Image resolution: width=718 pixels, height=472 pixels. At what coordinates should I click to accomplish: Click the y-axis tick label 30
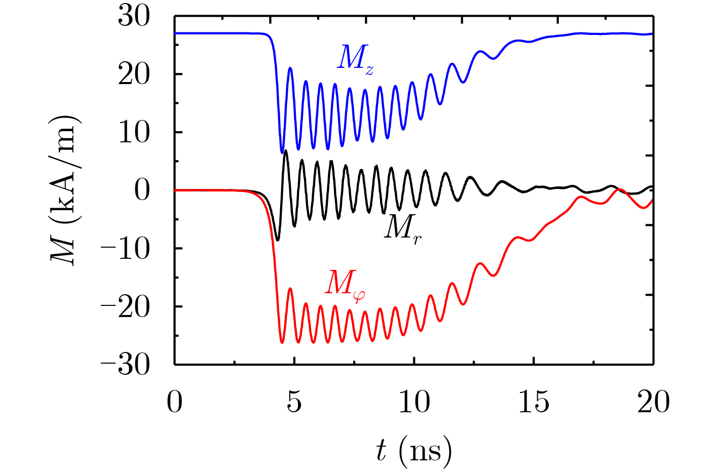[134, 17]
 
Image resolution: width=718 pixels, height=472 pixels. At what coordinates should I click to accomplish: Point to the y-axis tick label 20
[134, 75]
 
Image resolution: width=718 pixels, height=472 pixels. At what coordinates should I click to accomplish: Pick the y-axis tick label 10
[134, 133]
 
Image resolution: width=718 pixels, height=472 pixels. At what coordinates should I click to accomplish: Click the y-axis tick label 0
[142, 191]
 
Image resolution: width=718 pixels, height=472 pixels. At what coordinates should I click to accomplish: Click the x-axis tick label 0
[175, 403]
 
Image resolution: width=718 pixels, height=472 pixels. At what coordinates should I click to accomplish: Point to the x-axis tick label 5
[294, 403]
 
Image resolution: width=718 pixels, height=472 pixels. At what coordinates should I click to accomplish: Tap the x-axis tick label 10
[414, 403]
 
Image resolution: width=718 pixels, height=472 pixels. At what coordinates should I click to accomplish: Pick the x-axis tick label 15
[534, 403]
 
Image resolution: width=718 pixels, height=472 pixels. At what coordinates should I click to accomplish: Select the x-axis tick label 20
[653, 403]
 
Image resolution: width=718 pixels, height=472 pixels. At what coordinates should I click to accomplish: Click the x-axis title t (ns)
[413, 450]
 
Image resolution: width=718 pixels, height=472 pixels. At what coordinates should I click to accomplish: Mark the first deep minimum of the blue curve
[282, 152]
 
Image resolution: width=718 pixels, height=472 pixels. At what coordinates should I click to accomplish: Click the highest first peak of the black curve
[286, 150]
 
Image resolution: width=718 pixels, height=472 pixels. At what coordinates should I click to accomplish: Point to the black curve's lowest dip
[277, 240]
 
